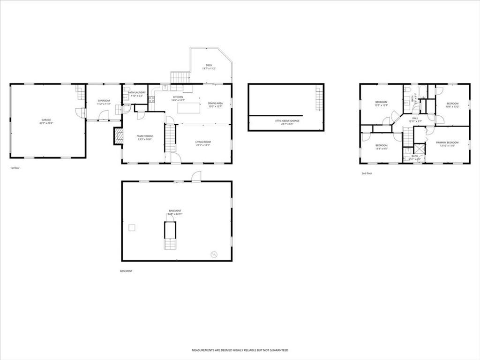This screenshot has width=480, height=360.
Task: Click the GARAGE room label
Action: click(46, 120)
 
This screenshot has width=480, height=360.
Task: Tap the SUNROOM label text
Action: click(104, 101)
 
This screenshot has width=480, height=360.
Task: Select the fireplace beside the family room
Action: click(118, 136)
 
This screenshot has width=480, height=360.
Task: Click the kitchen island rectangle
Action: click(189, 108)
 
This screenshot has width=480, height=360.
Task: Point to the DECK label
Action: click(209, 65)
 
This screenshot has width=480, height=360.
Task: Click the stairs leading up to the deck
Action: click(179, 78)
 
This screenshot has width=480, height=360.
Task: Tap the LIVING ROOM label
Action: click(203, 142)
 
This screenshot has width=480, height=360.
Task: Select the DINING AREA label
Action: click(215, 103)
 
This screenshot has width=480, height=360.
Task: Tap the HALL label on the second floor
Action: click(415, 118)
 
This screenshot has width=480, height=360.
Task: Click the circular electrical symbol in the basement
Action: click(215, 254)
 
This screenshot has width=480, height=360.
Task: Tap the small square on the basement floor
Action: click(132, 227)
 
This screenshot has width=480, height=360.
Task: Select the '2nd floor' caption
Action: click(367, 173)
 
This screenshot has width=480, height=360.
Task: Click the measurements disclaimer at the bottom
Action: click(240, 350)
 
